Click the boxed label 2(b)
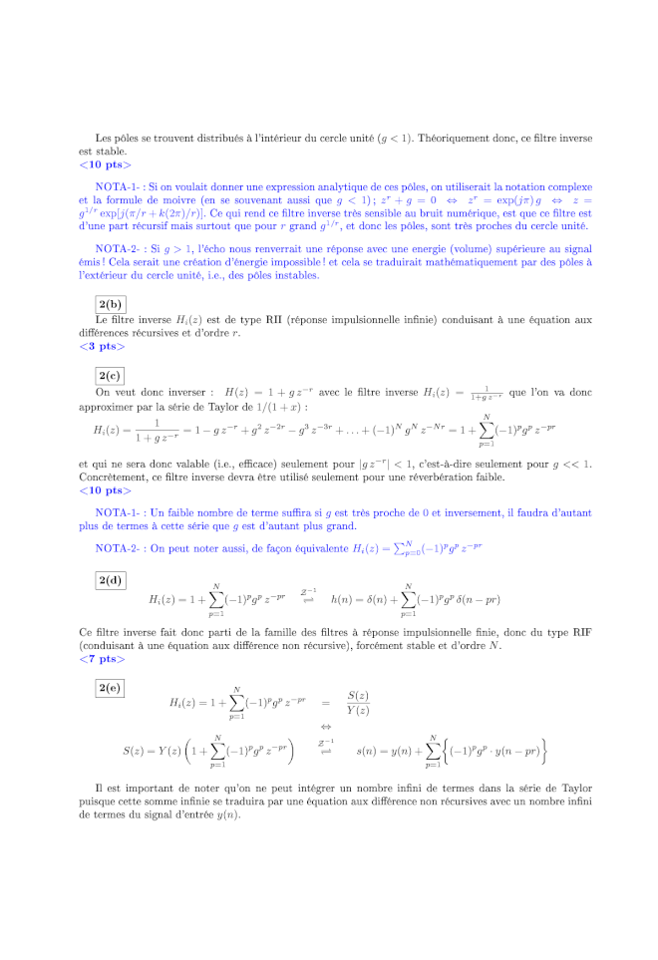[110, 304]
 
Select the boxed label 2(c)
[110, 376]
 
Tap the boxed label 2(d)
[110, 579]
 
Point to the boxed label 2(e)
[110, 687]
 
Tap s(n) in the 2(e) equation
[370, 750]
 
